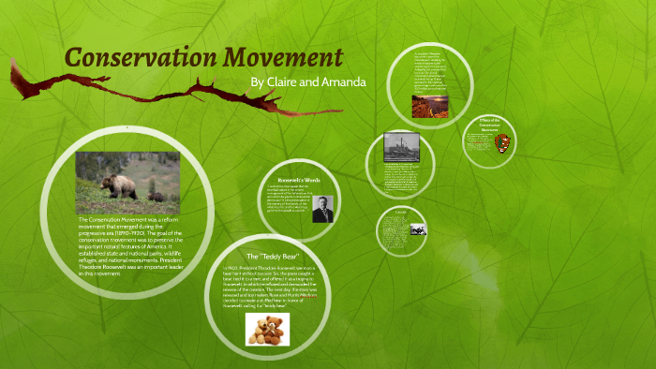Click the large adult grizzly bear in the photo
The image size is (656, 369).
[111, 180]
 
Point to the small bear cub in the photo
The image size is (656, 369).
[157, 197]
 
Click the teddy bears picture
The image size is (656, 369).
[267, 329]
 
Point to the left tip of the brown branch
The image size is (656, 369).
[11, 64]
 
